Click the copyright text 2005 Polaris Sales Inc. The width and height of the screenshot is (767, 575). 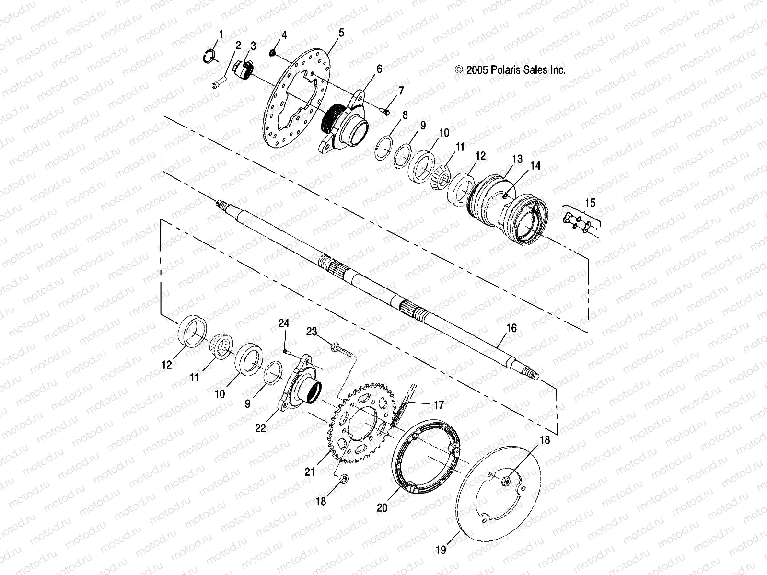(510, 70)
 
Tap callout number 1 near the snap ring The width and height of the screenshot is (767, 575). (221, 34)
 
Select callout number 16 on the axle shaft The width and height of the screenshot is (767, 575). (511, 328)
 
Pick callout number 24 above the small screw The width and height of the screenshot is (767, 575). (284, 324)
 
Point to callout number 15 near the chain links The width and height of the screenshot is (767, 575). (590, 203)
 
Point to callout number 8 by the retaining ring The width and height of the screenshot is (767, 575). (405, 115)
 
